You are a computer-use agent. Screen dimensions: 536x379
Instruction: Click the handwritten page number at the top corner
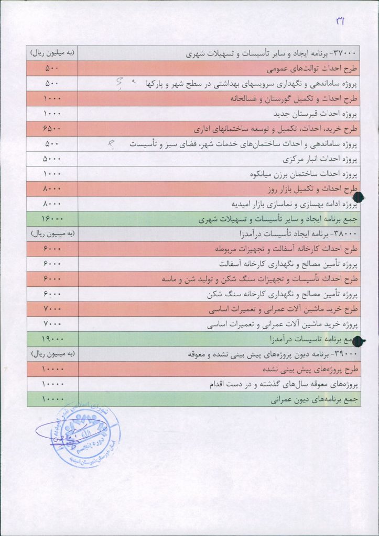[340, 20]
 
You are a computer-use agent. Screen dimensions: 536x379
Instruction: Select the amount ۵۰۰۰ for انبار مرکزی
[52, 159]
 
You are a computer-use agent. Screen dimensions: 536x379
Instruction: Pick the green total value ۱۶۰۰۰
[52, 219]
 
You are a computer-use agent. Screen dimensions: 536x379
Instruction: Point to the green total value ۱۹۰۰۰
[52, 340]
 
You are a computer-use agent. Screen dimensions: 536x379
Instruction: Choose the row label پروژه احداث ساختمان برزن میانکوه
[302, 174]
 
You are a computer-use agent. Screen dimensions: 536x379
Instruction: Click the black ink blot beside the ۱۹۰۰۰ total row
[359, 341]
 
